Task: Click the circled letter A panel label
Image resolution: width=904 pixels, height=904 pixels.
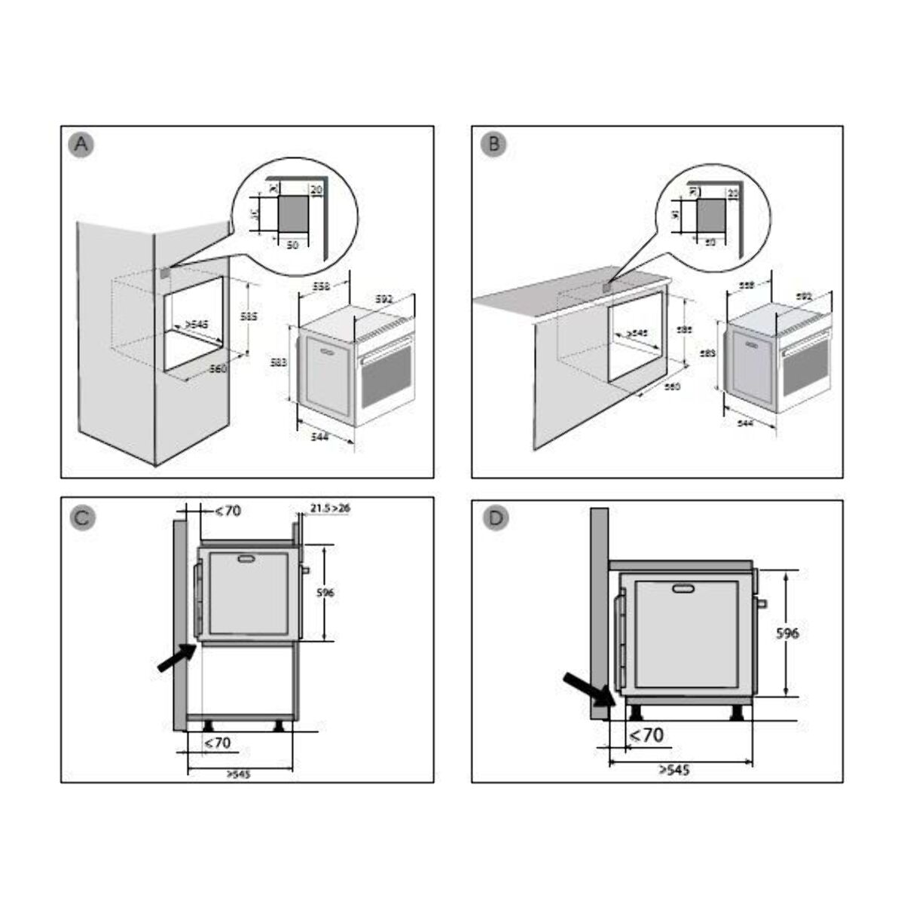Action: coord(81,145)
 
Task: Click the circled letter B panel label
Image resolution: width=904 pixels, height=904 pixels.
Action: coord(493,145)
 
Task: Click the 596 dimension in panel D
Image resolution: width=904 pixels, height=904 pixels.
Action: coord(787,633)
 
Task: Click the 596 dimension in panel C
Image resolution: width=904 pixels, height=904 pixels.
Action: coord(325,593)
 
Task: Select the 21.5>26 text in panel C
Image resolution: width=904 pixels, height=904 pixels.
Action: coord(330,508)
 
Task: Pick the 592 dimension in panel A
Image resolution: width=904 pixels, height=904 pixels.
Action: coord(386,299)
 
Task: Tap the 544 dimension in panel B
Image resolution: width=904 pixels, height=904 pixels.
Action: coord(745,424)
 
